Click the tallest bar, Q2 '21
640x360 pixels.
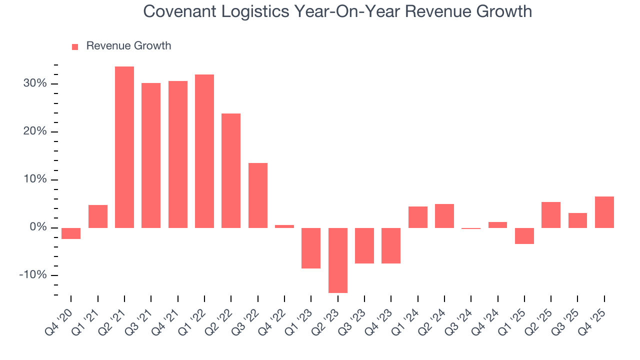point(124,147)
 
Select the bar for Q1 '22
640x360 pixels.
point(204,151)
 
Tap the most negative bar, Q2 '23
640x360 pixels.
point(337,260)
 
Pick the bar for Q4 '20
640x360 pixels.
point(71,233)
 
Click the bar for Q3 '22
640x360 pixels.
point(258,195)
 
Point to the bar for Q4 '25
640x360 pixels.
point(604,212)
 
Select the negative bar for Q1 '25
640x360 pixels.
point(524,235)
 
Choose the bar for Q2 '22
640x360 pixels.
point(231,170)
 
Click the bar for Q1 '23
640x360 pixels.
point(311,248)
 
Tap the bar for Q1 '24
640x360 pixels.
point(417,217)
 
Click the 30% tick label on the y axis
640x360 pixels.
point(34,83)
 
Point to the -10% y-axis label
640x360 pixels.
point(33,275)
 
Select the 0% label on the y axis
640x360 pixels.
point(38,227)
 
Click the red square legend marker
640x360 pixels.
point(75,46)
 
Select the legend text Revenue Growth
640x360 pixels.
point(128,46)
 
